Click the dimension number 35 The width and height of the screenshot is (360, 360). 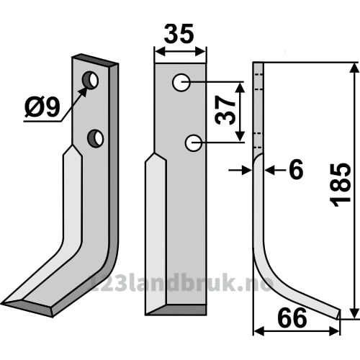(x=179, y=34)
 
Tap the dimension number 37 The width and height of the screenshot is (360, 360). (x=225, y=110)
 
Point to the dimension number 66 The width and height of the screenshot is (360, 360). (x=292, y=318)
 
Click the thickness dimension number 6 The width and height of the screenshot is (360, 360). (x=297, y=170)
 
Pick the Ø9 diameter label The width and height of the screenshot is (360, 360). (x=42, y=107)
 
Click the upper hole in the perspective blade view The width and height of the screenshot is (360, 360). (x=90, y=80)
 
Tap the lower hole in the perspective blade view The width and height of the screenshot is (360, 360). (x=96, y=139)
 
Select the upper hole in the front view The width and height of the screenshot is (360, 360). (x=181, y=83)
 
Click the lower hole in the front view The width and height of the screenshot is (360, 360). (x=193, y=143)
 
